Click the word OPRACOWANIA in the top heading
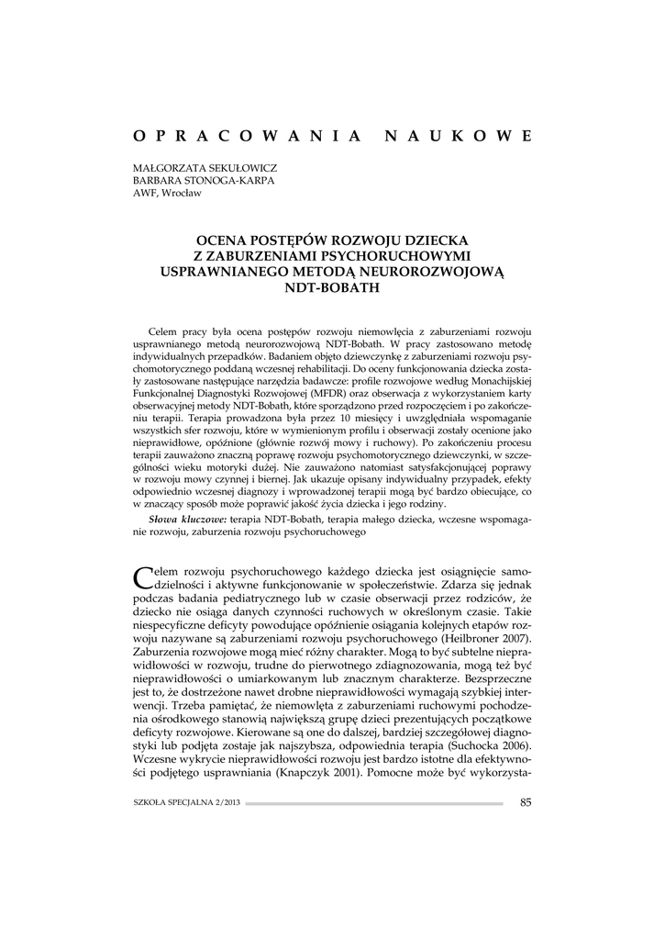[x=245, y=136]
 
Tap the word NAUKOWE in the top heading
[x=456, y=136]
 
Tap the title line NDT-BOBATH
[x=332, y=287]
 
